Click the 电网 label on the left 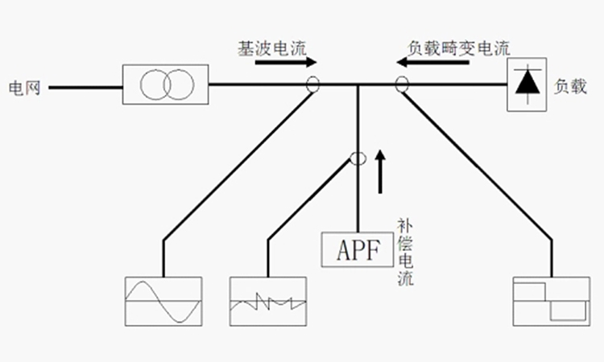click(25, 84)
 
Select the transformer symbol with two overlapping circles click(166, 84)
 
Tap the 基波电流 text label click(271, 47)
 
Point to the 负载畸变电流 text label click(459, 47)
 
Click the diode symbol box click(527, 84)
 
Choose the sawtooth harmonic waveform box click(269, 301)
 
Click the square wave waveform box click(551, 301)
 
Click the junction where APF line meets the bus click(357, 84)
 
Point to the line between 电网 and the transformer click(85, 84)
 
